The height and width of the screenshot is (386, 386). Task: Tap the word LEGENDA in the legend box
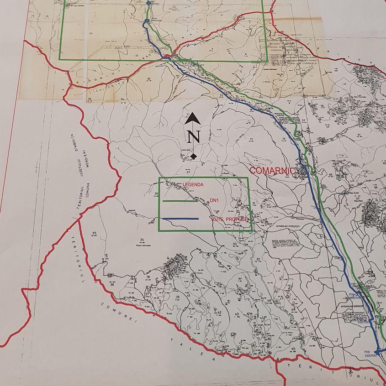tap(193, 184)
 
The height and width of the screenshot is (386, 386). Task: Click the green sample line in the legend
tap(180, 200)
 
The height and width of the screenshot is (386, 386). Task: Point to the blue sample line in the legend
tap(180, 219)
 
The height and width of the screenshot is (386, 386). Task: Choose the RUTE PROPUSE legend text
tap(229, 219)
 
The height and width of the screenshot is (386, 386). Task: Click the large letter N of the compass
tap(194, 136)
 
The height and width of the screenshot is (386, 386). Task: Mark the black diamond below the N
tap(193, 156)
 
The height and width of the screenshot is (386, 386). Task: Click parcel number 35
tap(94, 233)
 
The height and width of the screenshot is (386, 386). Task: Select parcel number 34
tap(142, 240)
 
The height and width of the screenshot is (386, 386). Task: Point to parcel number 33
tap(235, 244)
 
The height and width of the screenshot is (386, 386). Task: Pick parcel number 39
tap(177, 297)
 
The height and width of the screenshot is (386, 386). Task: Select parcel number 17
tap(251, 138)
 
